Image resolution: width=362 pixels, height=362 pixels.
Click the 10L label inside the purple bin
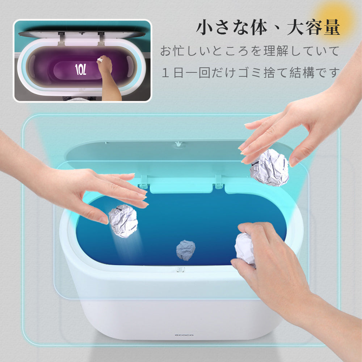[x=80, y=70]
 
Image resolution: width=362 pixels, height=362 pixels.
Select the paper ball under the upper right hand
[x=270, y=167]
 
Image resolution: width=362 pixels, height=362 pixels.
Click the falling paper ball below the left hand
[x=123, y=221]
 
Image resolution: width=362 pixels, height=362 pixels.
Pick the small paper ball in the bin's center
[x=186, y=250]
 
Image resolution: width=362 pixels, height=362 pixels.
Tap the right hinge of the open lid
[x=218, y=182]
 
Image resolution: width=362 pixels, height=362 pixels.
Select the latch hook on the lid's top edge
[x=177, y=144]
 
